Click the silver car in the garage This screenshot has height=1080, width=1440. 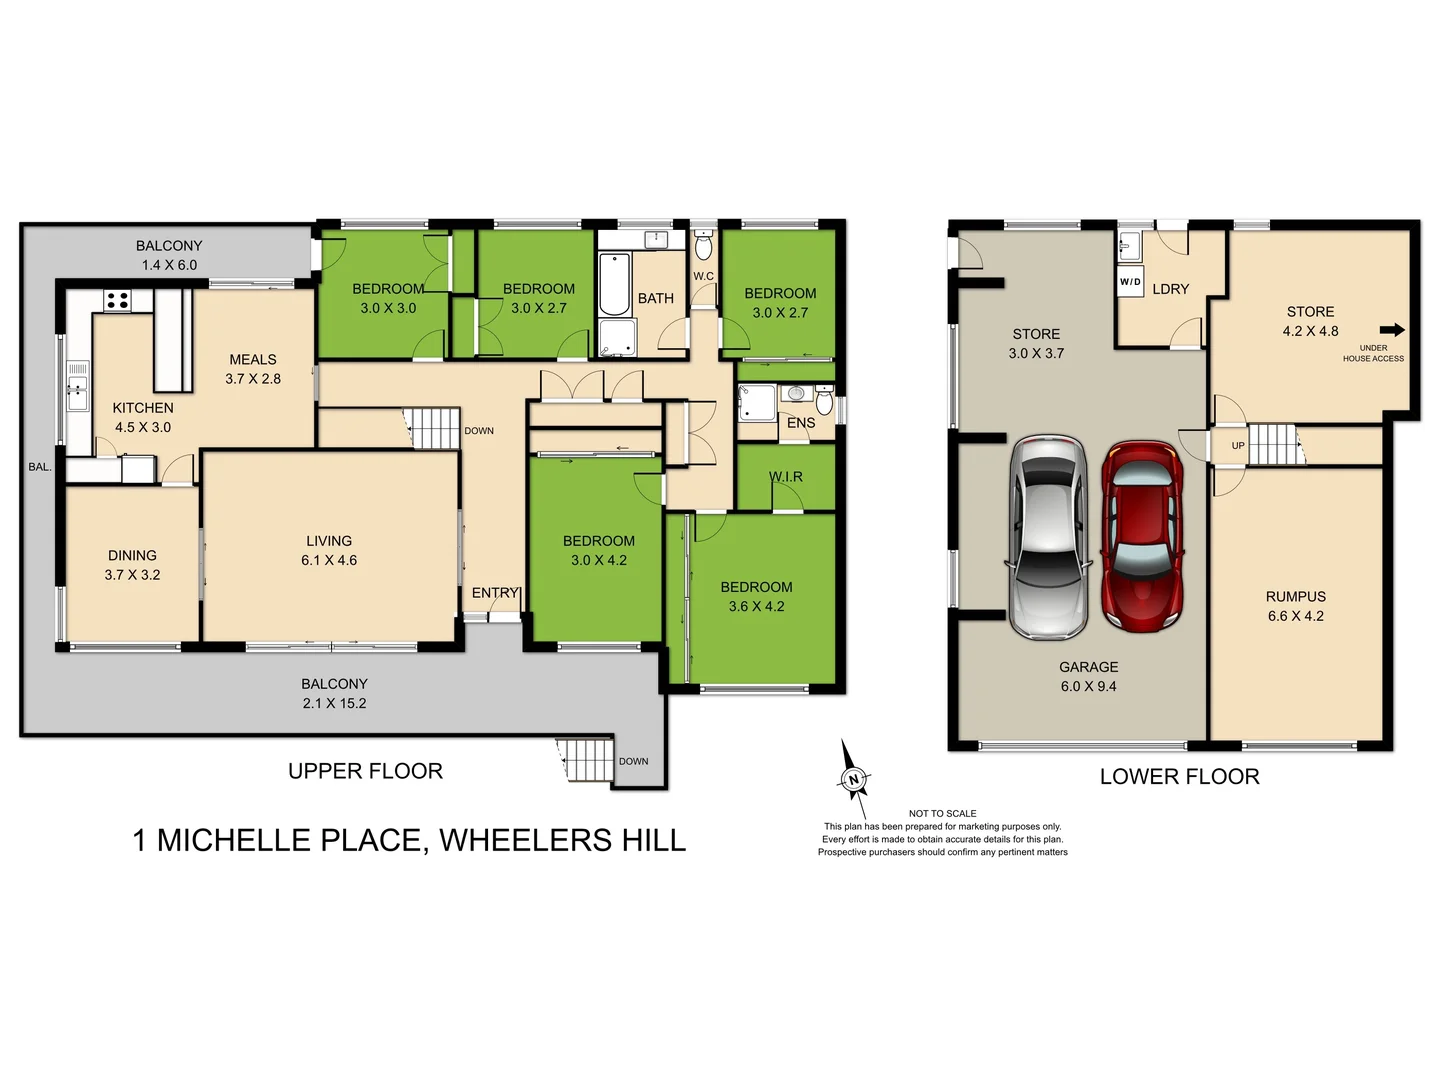(x=1047, y=536)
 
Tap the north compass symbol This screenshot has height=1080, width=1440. (x=853, y=778)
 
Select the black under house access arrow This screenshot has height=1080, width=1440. (x=1392, y=330)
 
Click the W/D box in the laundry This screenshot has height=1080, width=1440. (x=1130, y=282)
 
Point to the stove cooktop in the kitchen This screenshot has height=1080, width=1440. (x=117, y=299)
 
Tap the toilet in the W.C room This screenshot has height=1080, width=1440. (x=703, y=245)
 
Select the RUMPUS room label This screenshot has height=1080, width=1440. (x=1295, y=596)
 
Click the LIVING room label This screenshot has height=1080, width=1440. (x=329, y=541)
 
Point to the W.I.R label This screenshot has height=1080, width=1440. (x=786, y=476)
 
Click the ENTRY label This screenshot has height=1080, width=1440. (x=495, y=593)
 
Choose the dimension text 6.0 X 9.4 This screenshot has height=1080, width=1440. (x=1088, y=686)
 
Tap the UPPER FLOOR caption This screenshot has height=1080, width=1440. (x=365, y=771)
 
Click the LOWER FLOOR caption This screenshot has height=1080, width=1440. (x=1179, y=777)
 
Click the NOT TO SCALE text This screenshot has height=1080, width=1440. (x=942, y=813)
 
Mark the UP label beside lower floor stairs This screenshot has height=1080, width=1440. (x=1238, y=446)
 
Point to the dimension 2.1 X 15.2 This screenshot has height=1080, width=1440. (x=334, y=703)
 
